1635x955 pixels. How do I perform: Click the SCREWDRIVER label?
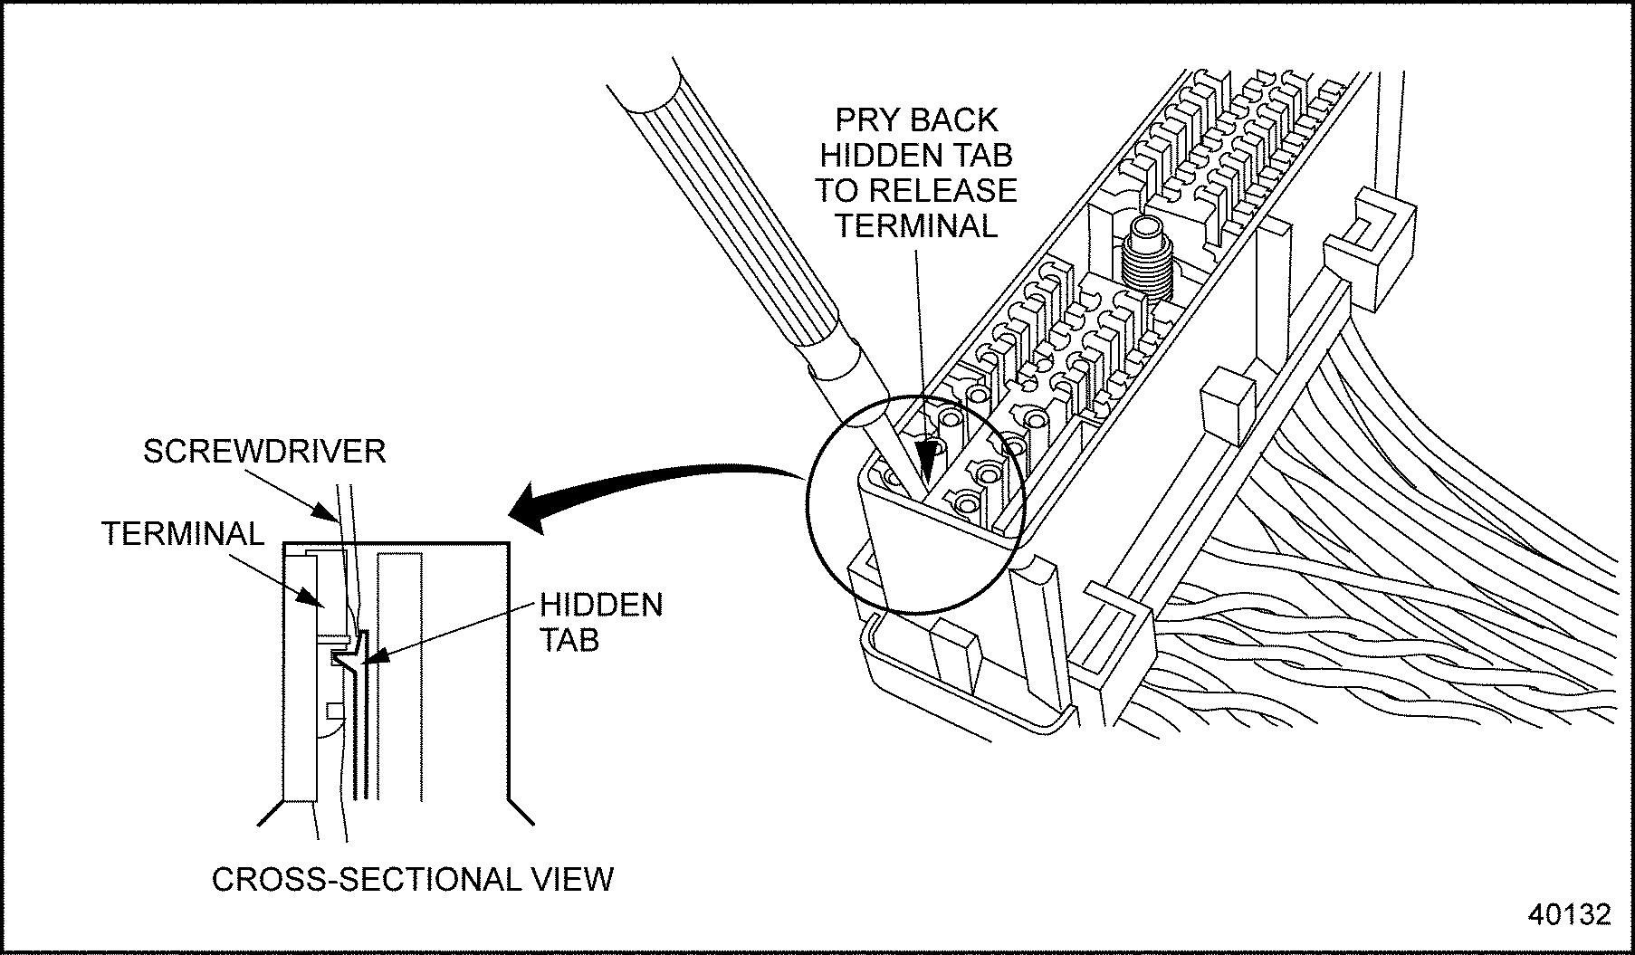(264, 451)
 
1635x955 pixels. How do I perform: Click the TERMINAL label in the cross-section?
(182, 533)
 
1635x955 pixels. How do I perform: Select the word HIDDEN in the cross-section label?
(601, 605)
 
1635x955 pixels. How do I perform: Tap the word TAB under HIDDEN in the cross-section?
(569, 640)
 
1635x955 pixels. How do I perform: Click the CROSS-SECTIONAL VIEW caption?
(412, 879)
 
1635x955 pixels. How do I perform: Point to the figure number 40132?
(1569, 914)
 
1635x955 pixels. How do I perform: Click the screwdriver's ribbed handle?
(715, 208)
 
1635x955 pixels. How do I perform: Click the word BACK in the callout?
(954, 120)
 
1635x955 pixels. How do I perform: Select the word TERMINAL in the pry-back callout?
(915, 225)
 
